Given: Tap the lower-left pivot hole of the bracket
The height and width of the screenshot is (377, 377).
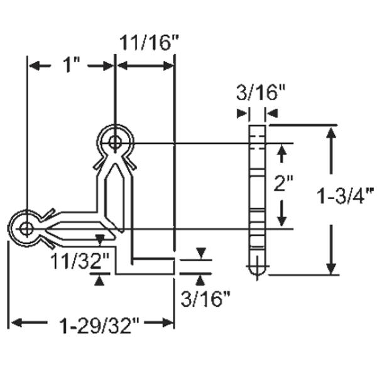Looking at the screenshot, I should click(x=26, y=229).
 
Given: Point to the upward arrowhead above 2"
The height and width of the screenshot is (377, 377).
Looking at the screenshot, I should click(x=282, y=149).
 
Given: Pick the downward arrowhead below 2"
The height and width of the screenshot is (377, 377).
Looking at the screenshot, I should click(x=282, y=221).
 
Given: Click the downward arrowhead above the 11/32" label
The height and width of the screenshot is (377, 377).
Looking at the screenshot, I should click(x=98, y=238).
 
